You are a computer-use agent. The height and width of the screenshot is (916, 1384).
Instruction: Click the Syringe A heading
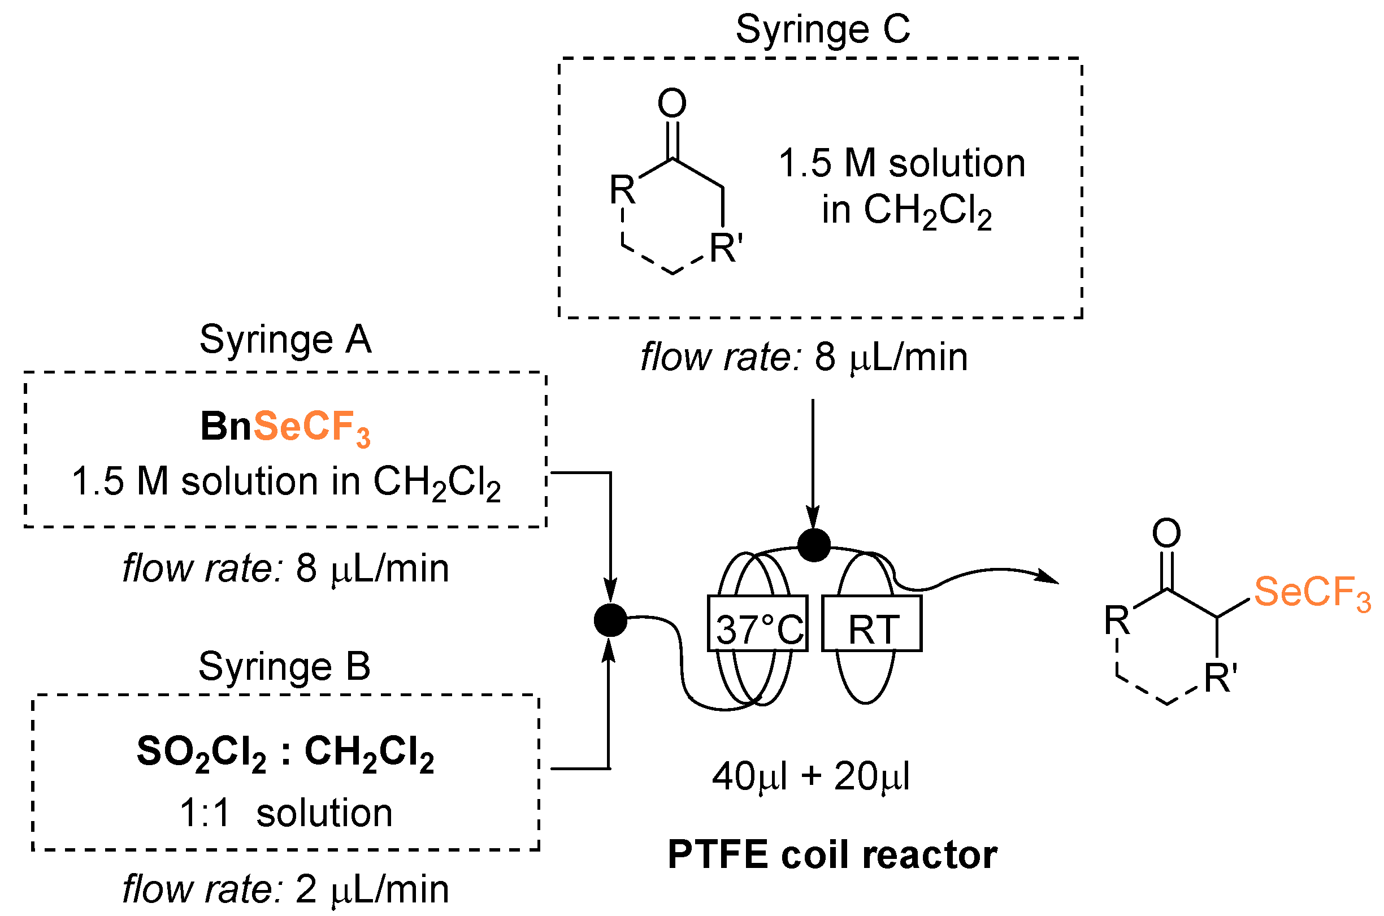[x=285, y=340]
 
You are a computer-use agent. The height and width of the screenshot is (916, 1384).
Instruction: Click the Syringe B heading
[x=284, y=666]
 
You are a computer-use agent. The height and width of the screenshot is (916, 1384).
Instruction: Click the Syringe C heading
[x=822, y=29]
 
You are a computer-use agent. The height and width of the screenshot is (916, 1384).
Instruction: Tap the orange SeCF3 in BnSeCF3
[x=312, y=427]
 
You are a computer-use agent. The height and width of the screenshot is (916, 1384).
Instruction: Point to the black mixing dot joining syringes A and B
[x=610, y=620]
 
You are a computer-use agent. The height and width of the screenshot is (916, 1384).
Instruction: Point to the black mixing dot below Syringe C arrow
[x=814, y=545]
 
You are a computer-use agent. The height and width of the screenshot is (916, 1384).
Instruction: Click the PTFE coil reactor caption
[x=832, y=855]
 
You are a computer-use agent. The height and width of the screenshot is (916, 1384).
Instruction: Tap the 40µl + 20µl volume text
[x=811, y=776]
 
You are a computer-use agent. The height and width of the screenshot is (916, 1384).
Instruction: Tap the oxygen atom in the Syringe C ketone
[x=672, y=103]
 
